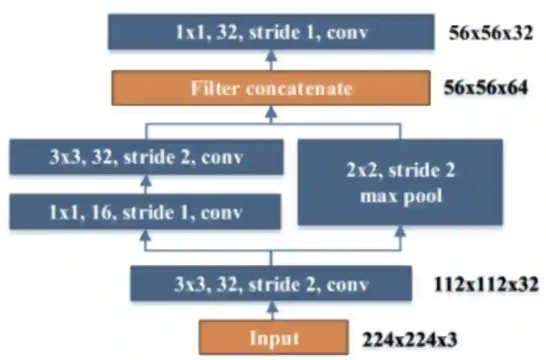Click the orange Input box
[x=274, y=337]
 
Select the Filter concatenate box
[x=271, y=88]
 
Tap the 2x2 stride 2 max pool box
[x=400, y=182]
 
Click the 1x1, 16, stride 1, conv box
[x=145, y=212]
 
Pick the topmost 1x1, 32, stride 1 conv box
[x=271, y=32]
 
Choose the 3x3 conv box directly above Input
[x=271, y=284]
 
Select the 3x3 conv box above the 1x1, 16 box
[x=146, y=157]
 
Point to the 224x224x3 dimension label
[x=410, y=339]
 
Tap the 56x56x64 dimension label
[x=486, y=88]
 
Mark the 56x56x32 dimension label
[x=490, y=33]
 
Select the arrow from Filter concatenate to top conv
[x=271, y=60]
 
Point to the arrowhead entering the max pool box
[x=400, y=231]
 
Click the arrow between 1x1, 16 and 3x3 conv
[x=146, y=185]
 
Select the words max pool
[x=400, y=196]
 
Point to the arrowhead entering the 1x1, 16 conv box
[x=146, y=235]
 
